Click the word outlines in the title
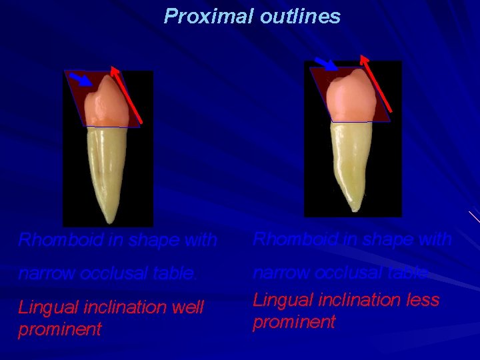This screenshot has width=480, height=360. click(300, 16)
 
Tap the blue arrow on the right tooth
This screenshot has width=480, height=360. click(325, 63)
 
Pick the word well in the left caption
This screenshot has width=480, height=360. click(189, 308)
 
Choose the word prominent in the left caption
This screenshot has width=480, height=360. click(60, 329)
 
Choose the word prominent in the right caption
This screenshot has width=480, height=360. click(294, 323)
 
